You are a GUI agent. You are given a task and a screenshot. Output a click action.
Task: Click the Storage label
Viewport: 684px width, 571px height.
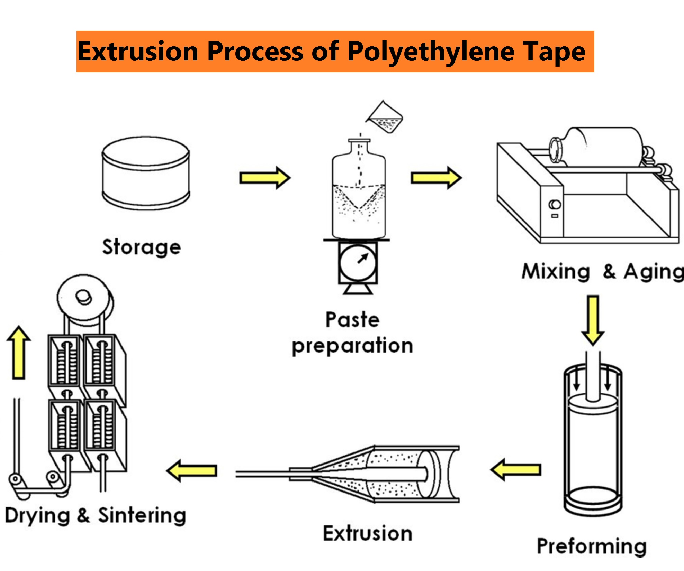click(x=141, y=247)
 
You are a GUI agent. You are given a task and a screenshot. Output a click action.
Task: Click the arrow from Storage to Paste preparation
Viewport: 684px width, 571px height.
click(x=265, y=178)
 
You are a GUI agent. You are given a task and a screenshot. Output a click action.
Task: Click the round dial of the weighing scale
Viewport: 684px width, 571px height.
click(x=358, y=263)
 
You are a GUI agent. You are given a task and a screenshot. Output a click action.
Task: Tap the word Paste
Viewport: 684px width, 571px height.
click(x=352, y=320)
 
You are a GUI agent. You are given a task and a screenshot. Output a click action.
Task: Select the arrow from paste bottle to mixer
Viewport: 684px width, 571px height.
click(x=436, y=178)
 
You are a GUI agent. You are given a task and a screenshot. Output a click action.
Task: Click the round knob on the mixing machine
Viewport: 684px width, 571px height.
click(x=555, y=204)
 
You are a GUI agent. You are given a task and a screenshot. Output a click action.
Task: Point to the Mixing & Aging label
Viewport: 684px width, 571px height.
click(x=602, y=272)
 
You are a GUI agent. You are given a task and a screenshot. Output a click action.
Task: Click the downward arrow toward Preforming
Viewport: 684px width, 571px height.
click(x=593, y=320)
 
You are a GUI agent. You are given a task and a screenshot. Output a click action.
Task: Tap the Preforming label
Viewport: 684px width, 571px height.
click(x=592, y=546)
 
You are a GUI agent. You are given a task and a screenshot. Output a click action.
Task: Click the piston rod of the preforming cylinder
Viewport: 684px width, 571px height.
click(x=593, y=377)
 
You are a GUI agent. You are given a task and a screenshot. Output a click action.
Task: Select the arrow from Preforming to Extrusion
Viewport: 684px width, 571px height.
click(x=516, y=470)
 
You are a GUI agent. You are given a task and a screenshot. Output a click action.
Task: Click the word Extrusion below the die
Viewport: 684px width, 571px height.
click(x=368, y=533)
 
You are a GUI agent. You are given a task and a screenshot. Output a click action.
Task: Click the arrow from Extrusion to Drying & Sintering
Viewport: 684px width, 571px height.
click(x=192, y=470)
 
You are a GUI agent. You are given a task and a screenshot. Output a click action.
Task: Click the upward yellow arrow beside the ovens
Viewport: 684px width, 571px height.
click(x=19, y=353)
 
